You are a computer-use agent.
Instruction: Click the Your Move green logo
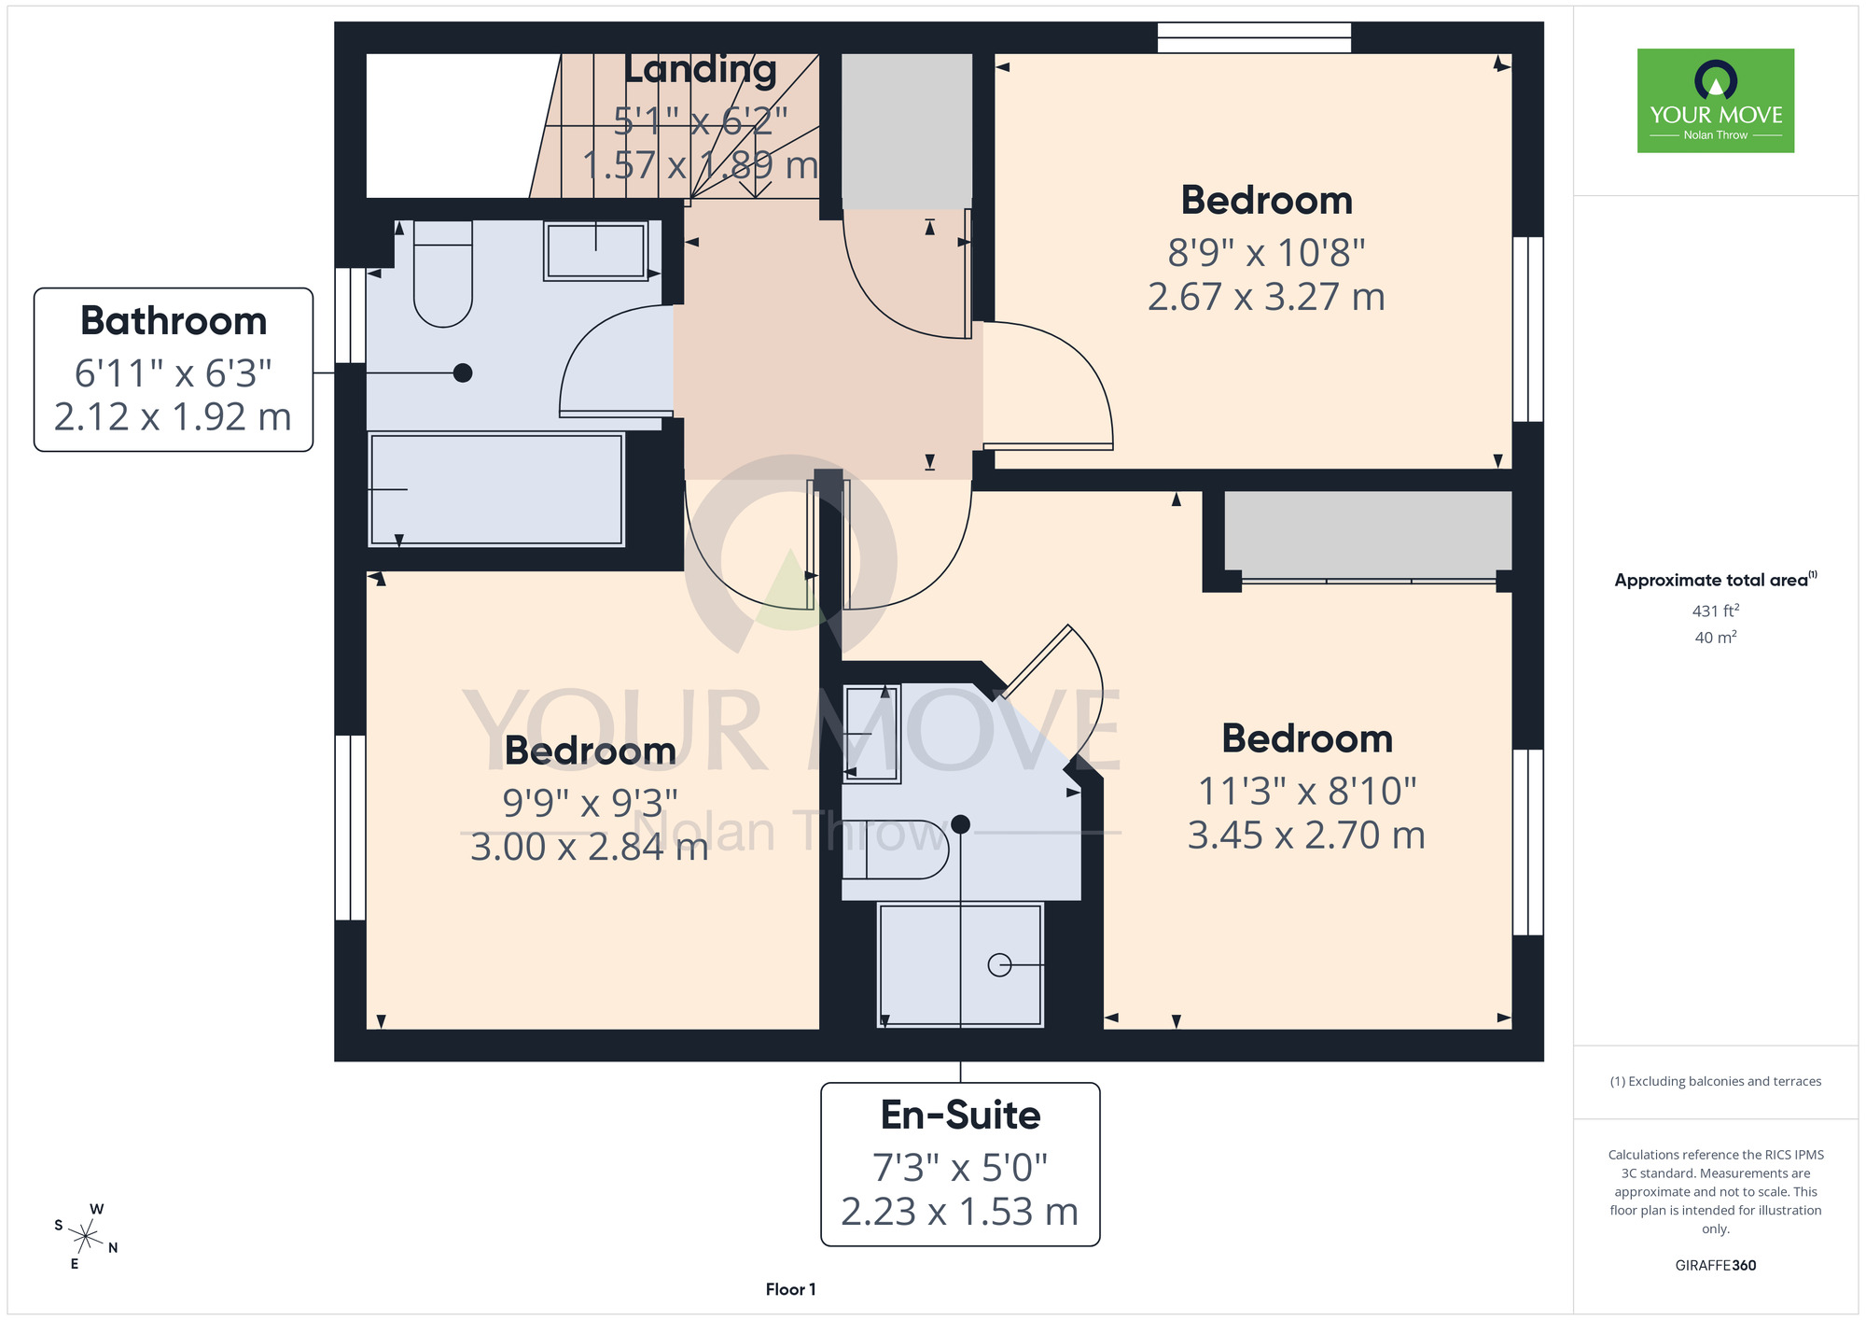point(1715,101)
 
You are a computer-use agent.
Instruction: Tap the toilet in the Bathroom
point(442,274)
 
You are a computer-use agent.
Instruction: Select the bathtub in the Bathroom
point(496,489)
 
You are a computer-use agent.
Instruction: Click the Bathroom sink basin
point(595,250)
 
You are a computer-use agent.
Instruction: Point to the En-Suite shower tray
point(960,965)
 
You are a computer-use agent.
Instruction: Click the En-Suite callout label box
point(960,1164)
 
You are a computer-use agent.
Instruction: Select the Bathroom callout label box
point(174,370)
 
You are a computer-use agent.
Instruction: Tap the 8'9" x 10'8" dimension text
point(1266,253)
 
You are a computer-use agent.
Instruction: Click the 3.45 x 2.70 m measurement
point(1306,836)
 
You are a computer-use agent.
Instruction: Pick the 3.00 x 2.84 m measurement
point(590,848)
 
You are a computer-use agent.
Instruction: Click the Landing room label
point(700,69)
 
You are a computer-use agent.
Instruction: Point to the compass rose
point(86,1238)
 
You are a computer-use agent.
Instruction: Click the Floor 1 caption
point(790,1289)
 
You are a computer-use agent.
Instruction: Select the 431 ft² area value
point(1716,611)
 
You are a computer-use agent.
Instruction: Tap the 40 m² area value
point(1716,638)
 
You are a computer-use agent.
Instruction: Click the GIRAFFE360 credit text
point(1715,1266)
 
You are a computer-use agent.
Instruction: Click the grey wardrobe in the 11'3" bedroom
point(1368,536)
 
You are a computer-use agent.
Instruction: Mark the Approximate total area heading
point(1716,580)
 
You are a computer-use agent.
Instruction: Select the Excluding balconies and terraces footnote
point(1715,1081)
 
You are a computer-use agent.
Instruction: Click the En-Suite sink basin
point(871,734)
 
